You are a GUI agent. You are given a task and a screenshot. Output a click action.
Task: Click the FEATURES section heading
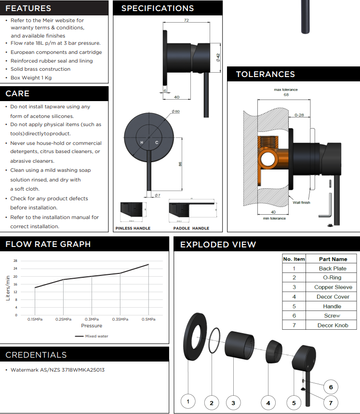click(x=28, y=8)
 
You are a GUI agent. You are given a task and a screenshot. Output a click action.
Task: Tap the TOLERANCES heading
click(x=265, y=74)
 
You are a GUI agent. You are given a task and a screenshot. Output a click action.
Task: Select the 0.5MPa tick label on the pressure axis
click(x=148, y=319)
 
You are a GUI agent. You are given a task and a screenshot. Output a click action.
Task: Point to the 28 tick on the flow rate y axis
click(x=15, y=260)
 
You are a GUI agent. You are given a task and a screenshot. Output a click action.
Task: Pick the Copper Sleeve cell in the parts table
click(x=333, y=287)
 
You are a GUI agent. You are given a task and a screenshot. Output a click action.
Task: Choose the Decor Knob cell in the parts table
click(x=333, y=325)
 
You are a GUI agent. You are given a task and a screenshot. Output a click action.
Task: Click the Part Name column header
click(x=333, y=259)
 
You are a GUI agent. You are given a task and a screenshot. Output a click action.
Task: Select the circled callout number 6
click(x=331, y=387)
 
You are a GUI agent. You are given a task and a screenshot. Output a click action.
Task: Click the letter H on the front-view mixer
click(x=142, y=143)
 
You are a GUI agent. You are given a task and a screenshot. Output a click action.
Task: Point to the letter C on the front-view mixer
click(x=157, y=143)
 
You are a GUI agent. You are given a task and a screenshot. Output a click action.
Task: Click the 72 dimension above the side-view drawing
click(x=186, y=21)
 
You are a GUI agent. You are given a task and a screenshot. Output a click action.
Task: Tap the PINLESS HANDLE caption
click(x=133, y=228)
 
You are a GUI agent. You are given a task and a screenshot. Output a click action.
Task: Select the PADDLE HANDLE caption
click(x=191, y=228)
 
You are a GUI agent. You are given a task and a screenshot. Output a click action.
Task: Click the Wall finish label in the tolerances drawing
click(x=301, y=203)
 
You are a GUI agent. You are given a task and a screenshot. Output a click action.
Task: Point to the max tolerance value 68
click(x=286, y=95)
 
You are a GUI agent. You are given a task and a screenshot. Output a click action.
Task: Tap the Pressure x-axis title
click(x=92, y=325)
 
